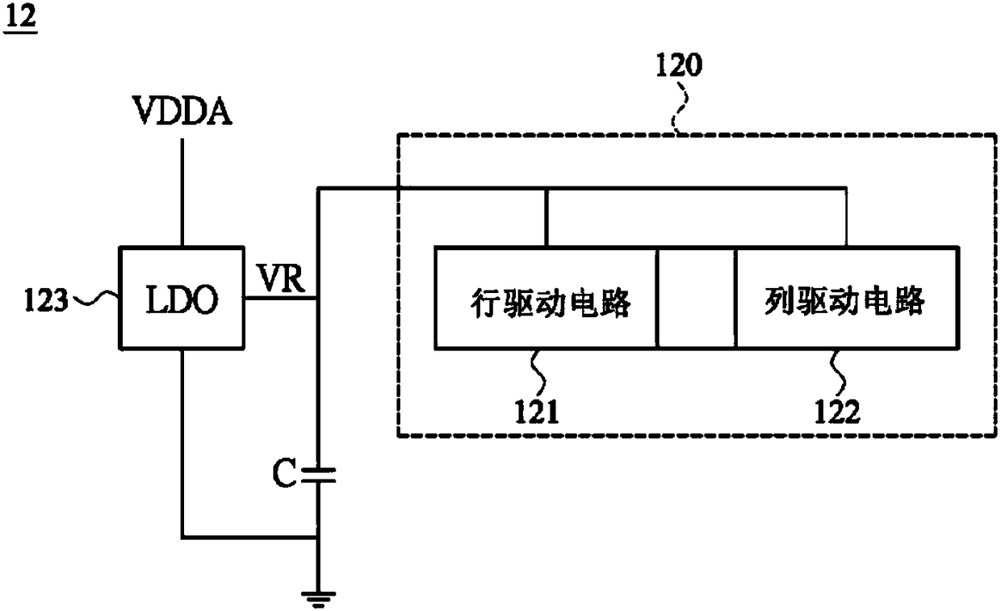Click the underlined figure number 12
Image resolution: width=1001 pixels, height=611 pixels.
point(20,18)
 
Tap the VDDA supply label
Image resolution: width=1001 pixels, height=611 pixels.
point(182,111)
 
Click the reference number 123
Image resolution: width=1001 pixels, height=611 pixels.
point(46,299)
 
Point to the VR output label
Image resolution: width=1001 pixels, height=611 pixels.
point(281,279)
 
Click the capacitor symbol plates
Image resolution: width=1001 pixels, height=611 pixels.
point(318,475)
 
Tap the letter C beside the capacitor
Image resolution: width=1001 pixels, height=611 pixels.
point(284,473)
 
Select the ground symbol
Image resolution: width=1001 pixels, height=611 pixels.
point(318,600)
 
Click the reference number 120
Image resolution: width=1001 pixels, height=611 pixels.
point(679,65)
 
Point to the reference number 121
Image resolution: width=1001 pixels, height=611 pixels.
point(537,412)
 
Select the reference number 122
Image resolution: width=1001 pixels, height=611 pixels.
point(837,412)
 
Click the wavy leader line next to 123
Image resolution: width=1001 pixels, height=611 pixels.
point(94,299)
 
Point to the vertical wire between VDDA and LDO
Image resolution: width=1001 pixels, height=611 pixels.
point(182,192)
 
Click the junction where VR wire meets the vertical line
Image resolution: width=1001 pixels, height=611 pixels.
point(318,298)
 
